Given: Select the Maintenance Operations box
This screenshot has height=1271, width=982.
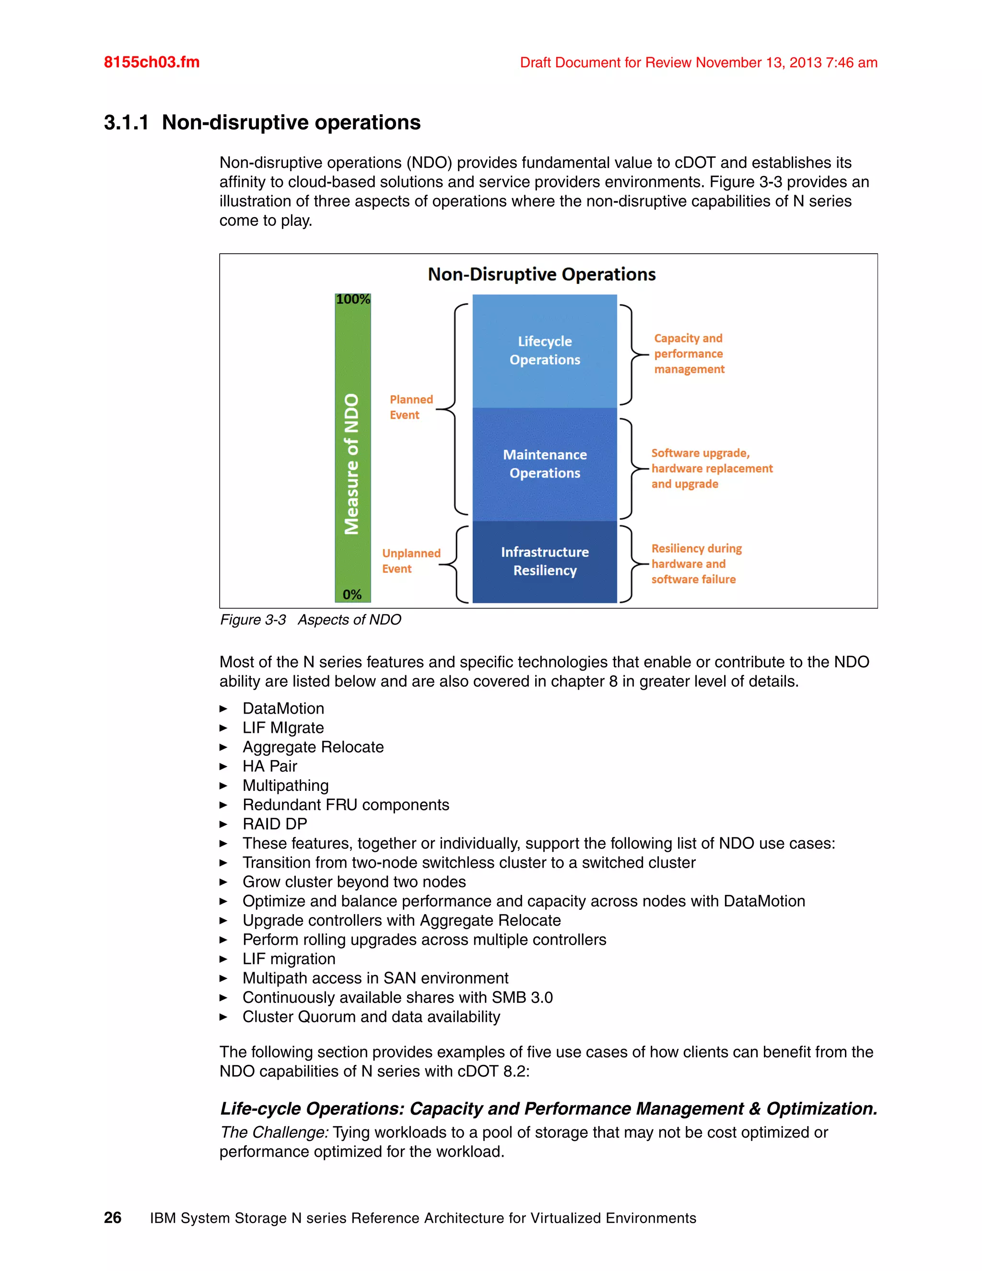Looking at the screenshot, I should [x=545, y=464].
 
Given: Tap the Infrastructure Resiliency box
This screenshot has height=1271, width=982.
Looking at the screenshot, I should [x=545, y=561].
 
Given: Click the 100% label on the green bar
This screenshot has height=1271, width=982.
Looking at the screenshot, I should [x=352, y=299].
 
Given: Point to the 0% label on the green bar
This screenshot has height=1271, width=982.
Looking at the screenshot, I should [x=352, y=594].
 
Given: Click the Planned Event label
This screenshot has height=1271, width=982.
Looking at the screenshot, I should [x=411, y=407].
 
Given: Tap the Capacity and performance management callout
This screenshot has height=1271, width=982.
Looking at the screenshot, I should [x=689, y=353].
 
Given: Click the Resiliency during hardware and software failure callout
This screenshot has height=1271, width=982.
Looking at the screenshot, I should [x=696, y=564].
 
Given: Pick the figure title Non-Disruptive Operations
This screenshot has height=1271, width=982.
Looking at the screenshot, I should [x=542, y=274].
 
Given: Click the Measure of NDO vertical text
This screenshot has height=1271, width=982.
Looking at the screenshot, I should [x=351, y=464].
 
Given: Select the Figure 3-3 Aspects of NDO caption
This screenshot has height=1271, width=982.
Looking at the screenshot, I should [x=311, y=620].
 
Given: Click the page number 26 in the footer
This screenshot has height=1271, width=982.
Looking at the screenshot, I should [x=112, y=1217].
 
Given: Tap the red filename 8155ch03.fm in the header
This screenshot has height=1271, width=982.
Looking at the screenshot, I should [x=151, y=62].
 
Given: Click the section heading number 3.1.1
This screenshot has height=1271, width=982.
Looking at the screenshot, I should [x=126, y=122].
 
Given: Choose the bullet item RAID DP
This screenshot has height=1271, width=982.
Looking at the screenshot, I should [x=275, y=824].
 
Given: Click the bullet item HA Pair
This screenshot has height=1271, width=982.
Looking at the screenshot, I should [x=269, y=766].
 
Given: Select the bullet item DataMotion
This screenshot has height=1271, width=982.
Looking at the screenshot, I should [x=283, y=708].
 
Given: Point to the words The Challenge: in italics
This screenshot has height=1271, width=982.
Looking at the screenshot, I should [x=274, y=1132].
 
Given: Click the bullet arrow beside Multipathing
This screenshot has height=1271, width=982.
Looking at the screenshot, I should [x=223, y=786].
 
